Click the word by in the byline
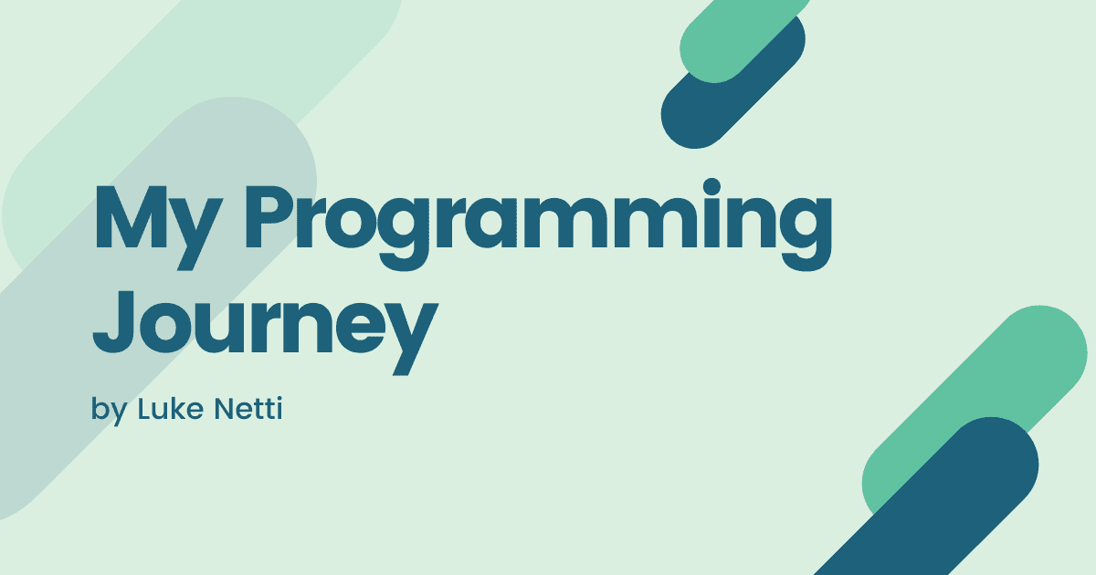[x=110, y=410]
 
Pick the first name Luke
[x=171, y=408]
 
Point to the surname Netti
[x=248, y=408]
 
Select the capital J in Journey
[x=113, y=321]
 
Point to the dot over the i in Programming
[x=711, y=187]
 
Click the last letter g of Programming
[x=806, y=234]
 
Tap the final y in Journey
[x=410, y=339]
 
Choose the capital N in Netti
[x=225, y=408]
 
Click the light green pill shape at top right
[x=743, y=39]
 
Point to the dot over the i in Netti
[x=279, y=399]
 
